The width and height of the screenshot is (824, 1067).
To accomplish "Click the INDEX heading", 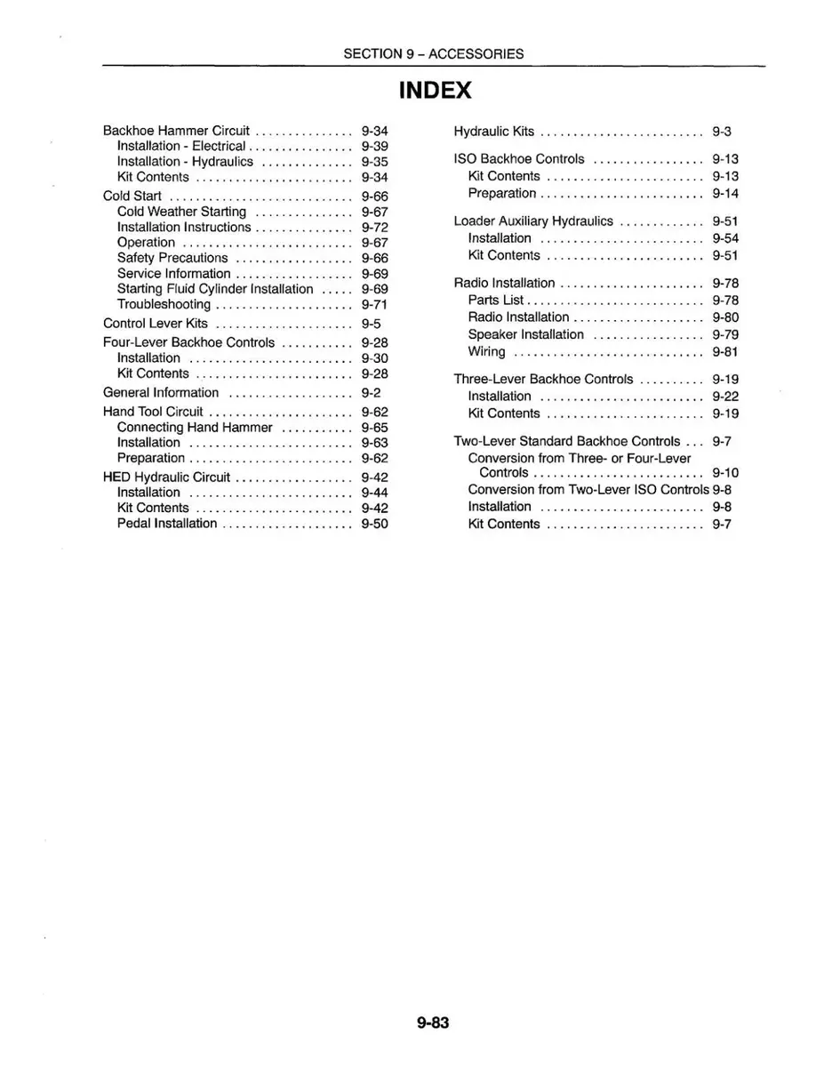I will point(435,91).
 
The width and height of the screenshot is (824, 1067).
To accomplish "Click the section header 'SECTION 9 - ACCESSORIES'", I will point(434,53).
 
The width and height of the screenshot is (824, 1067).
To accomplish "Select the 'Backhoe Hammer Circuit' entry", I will point(176,131).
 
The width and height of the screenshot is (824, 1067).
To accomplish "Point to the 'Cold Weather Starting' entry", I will point(181,212).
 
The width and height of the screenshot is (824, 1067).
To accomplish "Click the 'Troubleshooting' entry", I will point(164,304).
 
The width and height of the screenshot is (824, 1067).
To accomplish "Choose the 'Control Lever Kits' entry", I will point(156,324).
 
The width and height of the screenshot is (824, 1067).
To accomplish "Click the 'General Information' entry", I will point(161,393).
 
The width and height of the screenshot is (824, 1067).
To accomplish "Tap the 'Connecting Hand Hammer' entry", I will point(195,428).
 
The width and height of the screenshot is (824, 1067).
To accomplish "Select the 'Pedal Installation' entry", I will point(167,523).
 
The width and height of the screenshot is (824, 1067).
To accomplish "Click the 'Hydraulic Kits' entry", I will point(494,132).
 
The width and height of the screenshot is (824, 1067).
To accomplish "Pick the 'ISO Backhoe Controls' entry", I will point(519,159).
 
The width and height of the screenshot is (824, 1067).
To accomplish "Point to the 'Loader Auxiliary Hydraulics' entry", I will point(533,221).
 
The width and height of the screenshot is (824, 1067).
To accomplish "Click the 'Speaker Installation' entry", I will point(526,334).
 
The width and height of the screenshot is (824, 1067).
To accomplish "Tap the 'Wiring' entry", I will point(486,351).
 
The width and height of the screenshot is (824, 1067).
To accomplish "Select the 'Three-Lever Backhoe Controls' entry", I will point(544,380).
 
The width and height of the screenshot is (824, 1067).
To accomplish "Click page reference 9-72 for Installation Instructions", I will point(375,228).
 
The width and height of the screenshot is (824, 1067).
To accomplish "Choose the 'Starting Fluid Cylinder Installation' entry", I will point(215,289).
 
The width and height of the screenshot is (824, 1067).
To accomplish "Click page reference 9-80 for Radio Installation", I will point(725,317).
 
